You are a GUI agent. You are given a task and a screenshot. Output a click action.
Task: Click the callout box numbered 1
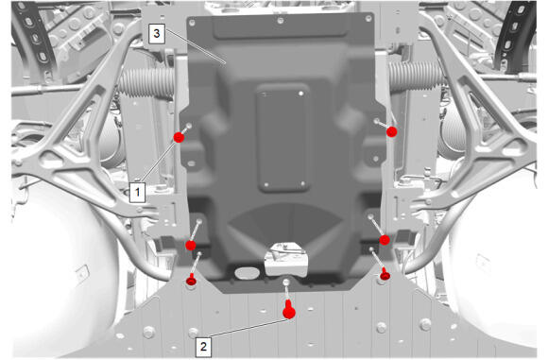coord(137,192)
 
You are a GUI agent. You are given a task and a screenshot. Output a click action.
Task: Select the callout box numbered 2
coord(203,347)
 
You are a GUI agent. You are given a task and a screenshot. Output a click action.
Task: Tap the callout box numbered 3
coord(157,34)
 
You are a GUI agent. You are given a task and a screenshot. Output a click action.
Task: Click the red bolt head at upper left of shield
coord(179,137)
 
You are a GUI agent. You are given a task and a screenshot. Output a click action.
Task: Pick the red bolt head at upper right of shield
coord(392,131)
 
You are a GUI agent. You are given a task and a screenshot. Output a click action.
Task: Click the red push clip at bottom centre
coord(289,310)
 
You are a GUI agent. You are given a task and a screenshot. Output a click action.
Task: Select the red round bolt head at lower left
coord(191,246)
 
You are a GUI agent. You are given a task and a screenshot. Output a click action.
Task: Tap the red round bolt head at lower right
coord(385,240)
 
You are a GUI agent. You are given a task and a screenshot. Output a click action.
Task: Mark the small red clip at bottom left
coord(191,280)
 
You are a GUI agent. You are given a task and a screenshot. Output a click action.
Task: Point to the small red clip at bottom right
coord(385,274)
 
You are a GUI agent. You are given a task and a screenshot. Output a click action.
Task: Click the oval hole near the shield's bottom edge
coord(246,273)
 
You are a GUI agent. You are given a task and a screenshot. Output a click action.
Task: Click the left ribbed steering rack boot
coord(146,82)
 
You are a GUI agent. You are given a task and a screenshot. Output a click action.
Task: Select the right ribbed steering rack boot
coord(416,77)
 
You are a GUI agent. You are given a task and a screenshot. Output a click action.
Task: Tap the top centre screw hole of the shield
coord(281,21)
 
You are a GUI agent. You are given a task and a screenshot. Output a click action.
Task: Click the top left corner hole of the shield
coord(192,23)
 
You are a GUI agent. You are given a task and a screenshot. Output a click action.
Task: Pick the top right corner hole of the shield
coord(368,19)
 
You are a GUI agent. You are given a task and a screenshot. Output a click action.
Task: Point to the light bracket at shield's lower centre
coord(286,259)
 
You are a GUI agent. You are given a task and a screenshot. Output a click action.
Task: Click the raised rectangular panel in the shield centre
coord(283,138)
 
